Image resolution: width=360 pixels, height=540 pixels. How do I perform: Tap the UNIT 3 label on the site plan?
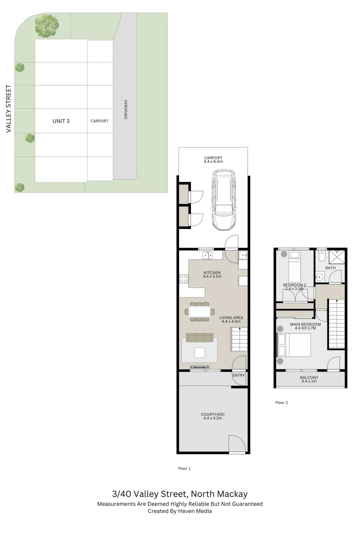(x=61, y=121)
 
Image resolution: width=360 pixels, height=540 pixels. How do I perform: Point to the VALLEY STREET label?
(x=8, y=108)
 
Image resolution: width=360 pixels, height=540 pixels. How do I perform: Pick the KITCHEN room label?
(x=212, y=273)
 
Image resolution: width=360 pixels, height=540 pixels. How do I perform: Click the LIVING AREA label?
(x=231, y=317)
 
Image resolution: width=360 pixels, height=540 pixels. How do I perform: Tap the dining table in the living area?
(x=199, y=311)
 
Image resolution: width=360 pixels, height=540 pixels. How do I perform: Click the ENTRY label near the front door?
(x=238, y=375)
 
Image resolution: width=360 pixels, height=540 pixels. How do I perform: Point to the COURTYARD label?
(x=212, y=415)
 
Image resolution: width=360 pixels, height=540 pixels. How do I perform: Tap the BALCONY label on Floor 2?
(x=309, y=378)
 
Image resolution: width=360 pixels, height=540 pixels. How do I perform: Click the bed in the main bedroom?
(x=294, y=344)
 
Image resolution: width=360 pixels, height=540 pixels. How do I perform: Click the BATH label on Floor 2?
(x=330, y=268)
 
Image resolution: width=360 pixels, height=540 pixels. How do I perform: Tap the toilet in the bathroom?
(x=322, y=255)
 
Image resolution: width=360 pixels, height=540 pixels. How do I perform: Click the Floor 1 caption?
(x=184, y=468)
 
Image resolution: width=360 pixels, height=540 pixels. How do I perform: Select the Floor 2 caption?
(x=281, y=402)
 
